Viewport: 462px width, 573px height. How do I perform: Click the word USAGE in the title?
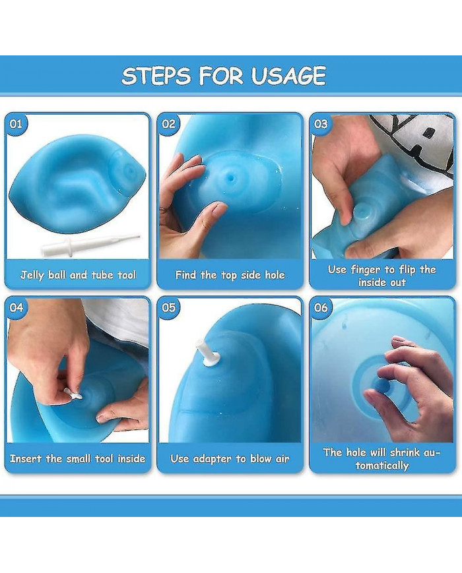(288, 76)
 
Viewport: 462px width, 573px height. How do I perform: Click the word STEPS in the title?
(156, 76)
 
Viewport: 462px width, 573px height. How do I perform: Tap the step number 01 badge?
(16, 124)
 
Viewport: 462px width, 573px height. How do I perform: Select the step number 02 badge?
(168, 124)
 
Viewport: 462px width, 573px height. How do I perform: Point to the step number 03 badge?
(321, 124)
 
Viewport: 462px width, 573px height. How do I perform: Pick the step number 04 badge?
(16, 308)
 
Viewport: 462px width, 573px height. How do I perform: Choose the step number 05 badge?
(168, 308)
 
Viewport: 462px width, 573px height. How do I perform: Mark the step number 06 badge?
(321, 308)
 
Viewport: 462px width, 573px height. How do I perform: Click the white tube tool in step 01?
(90, 244)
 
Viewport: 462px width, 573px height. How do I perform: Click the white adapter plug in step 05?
(207, 353)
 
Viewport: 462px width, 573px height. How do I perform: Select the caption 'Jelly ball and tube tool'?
(78, 275)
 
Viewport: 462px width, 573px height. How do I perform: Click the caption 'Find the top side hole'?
(230, 275)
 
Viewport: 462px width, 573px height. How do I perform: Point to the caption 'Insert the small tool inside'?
(77, 459)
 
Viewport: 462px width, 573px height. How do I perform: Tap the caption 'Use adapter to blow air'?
(230, 459)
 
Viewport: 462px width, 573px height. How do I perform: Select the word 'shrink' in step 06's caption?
(405, 453)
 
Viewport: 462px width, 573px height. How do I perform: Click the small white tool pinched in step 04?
(73, 393)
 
